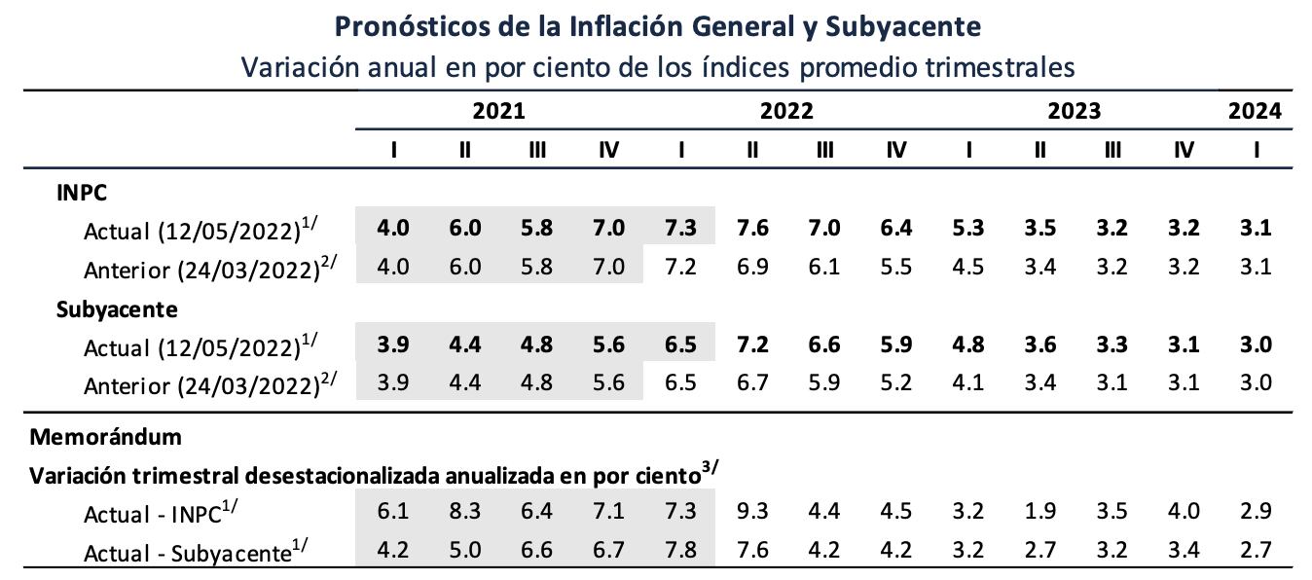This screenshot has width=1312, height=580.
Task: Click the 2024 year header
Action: point(1255,111)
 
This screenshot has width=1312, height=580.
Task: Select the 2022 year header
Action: point(786,111)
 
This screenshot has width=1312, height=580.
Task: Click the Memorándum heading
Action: point(105,436)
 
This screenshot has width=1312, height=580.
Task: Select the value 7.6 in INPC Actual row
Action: point(753,229)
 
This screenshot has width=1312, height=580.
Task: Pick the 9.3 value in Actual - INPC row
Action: point(753,512)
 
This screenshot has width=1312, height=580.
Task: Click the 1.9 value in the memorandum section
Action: point(1040,512)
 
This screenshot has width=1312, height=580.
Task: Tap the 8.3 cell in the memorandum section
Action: point(465,512)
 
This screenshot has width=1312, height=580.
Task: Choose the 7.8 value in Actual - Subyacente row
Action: point(680,552)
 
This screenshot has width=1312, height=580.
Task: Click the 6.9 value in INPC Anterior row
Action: point(753,266)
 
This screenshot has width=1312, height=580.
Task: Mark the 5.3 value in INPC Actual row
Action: point(968,229)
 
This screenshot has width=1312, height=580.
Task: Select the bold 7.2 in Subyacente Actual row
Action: point(753,345)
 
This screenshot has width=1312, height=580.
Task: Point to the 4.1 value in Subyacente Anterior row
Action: point(968,382)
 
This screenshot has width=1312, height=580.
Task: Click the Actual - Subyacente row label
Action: point(185,553)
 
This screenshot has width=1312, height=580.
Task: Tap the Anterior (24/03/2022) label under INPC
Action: point(209,268)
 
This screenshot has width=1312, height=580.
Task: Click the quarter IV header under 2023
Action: point(1184,151)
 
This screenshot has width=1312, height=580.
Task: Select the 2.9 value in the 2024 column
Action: point(1257,512)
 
